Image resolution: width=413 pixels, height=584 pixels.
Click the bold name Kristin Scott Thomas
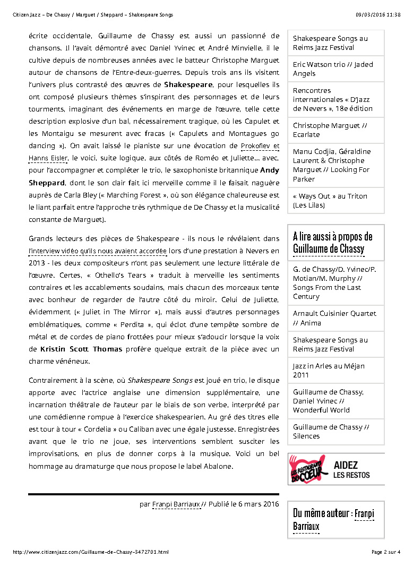(81, 349)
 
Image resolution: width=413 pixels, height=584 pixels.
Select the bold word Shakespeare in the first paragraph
(188, 84)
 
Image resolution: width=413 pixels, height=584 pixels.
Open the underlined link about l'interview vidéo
(98, 251)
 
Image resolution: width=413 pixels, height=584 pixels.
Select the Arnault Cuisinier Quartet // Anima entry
(335, 318)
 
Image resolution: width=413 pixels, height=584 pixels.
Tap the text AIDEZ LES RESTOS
(351, 470)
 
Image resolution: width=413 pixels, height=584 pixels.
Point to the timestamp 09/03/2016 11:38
(378, 15)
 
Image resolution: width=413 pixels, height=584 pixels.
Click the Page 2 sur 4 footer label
(386, 552)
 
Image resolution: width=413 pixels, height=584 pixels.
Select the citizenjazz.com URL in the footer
(91, 552)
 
